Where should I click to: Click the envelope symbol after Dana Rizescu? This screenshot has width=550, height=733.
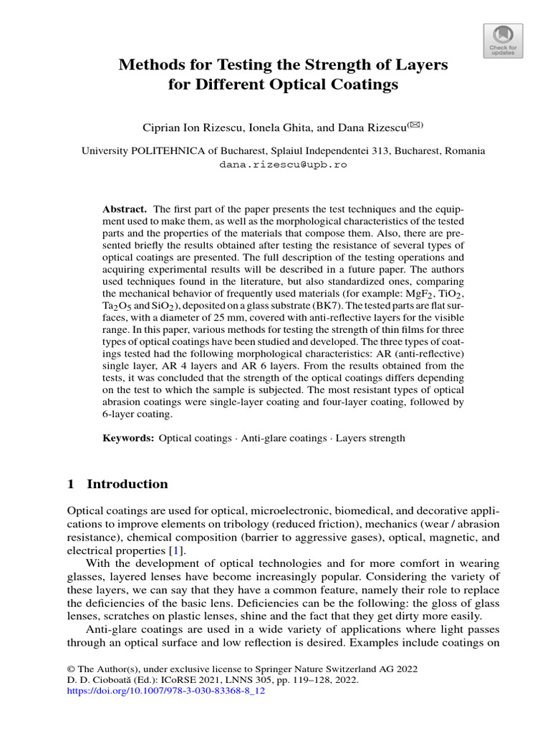click(415, 125)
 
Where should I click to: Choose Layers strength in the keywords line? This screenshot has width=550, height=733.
click(370, 437)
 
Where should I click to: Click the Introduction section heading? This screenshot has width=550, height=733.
click(127, 484)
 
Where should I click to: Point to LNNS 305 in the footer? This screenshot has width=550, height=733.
click(228, 681)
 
